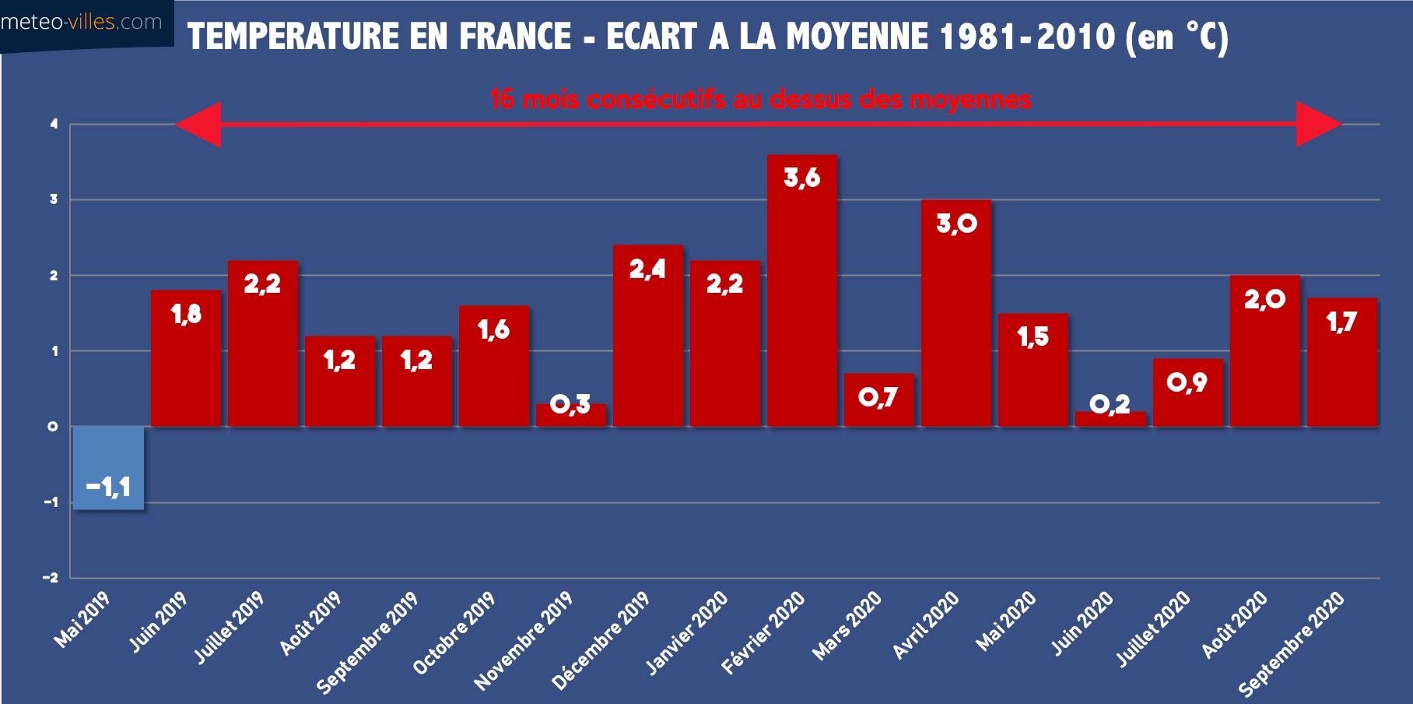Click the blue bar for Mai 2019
tap(108, 467)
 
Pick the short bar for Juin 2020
tap(1110, 419)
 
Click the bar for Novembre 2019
tap(570, 417)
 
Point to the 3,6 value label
tap(801, 178)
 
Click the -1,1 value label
tap(108, 488)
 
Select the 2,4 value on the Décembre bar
tap(647, 269)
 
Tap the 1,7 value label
tap(1341, 322)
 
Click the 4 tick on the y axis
tap(54, 124)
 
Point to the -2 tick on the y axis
tap(51, 578)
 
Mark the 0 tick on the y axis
tap(53, 427)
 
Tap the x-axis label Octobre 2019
tap(455, 632)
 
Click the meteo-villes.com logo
tap(82, 23)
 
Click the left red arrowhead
tap(199, 124)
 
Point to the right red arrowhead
tap(1318, 124)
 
